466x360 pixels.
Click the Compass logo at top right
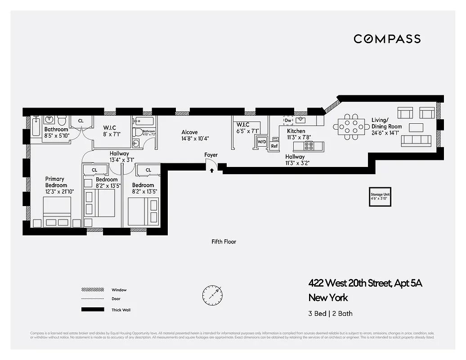click(x=387, y=39)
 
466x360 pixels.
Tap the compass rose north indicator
click(x=212, y=295)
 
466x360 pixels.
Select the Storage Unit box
click(x=380, y=197)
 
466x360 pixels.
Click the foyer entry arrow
click(x=212, y=171)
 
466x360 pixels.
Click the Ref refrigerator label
click(x=274, y=146)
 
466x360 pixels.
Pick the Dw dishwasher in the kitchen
click(x=288, y=120)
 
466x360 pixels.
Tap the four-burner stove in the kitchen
click(x=309, y=146)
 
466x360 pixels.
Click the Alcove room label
click(x=189, y=132)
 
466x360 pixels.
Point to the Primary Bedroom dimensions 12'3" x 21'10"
click(x=59, y=191)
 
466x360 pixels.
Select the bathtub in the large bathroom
click(x=36, y=126)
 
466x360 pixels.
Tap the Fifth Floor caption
click(x=224, y=242)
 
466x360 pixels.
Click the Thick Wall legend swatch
click(x=92, y=310)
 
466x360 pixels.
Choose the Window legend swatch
click(x=92, y=290)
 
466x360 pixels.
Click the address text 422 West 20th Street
click(x=365, y=283)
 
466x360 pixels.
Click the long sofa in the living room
click(x=416, y=141)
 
